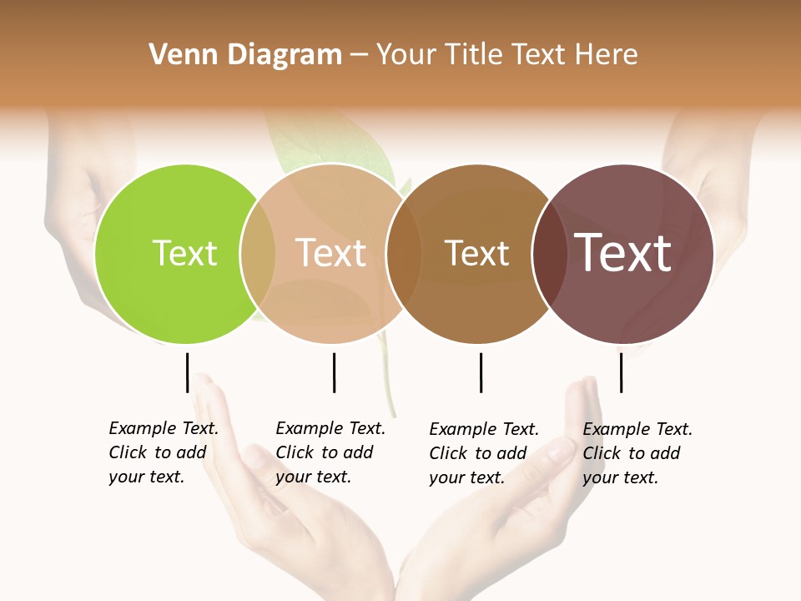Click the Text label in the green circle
[185, 253]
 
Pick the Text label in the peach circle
[331, 253]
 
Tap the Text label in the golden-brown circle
[476, 253]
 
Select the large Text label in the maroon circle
[623, 253]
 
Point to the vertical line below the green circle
[187, 372]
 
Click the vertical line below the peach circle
[334, 372]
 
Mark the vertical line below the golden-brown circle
[481, 372]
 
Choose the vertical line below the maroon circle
[621, 372]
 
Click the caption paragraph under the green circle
[163, 452]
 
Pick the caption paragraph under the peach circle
[330, 452]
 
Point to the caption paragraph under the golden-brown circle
[483, 453]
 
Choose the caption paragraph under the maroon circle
[637, 453]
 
